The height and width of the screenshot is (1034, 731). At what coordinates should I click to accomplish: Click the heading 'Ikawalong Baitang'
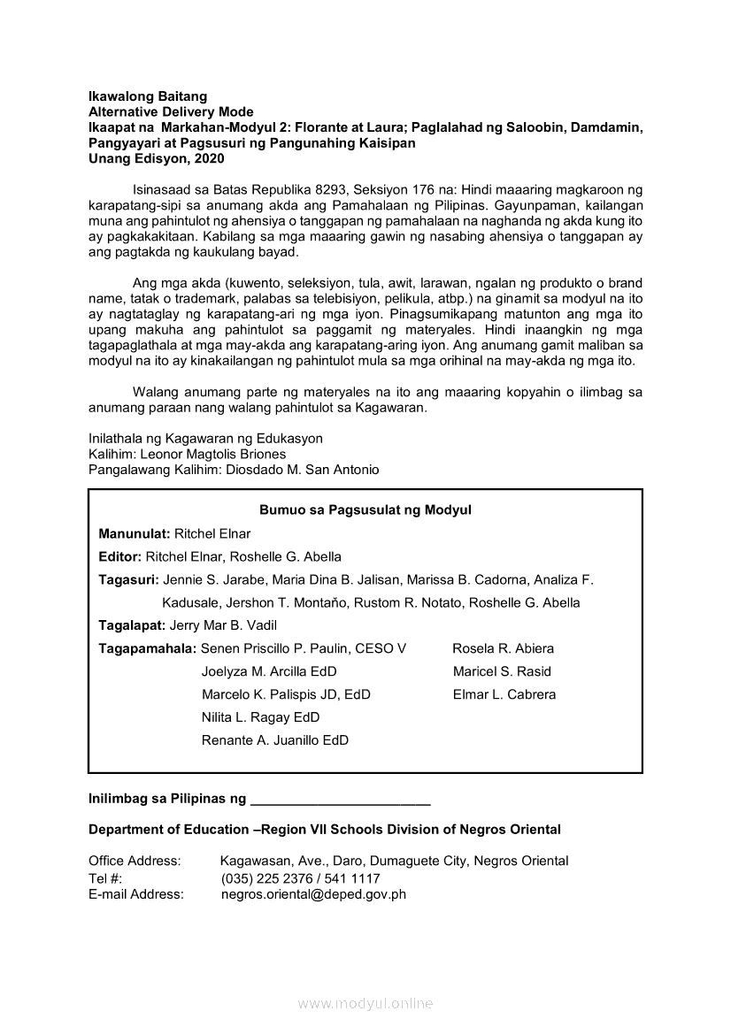148,96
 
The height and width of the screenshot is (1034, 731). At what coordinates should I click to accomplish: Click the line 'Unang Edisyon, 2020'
157,159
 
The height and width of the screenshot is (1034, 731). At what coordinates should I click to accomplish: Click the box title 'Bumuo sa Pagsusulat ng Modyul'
365,510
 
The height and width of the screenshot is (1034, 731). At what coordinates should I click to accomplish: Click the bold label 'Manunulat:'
135,534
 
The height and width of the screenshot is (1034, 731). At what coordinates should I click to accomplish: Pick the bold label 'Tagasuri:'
129,580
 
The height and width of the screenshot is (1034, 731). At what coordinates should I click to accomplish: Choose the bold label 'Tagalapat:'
132,625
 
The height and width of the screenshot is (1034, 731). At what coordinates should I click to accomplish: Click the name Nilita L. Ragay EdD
260,717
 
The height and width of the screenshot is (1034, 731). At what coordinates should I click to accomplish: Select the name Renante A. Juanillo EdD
275,740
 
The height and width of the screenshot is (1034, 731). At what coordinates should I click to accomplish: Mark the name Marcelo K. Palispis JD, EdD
286,694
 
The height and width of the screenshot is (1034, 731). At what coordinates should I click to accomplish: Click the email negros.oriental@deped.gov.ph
313,894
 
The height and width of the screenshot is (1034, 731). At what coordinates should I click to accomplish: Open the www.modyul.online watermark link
365,1004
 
